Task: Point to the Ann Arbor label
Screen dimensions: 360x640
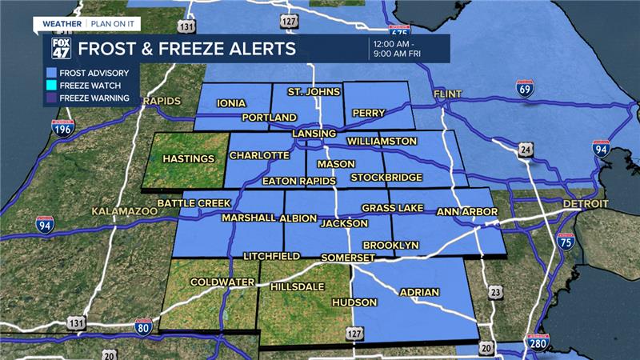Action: (x=467, y=212)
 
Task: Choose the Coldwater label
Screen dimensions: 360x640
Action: (x=222, y=282)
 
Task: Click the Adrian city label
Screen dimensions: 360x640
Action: (x=419, y=292)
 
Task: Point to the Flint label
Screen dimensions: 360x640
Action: (x=449, y=94)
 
